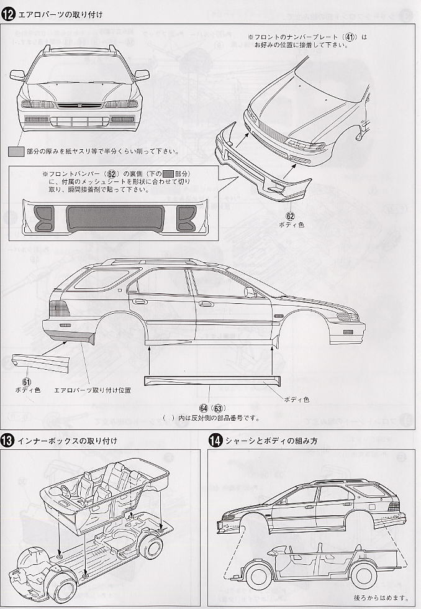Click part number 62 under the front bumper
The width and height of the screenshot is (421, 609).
290,216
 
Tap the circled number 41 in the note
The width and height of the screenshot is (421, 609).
351,37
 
